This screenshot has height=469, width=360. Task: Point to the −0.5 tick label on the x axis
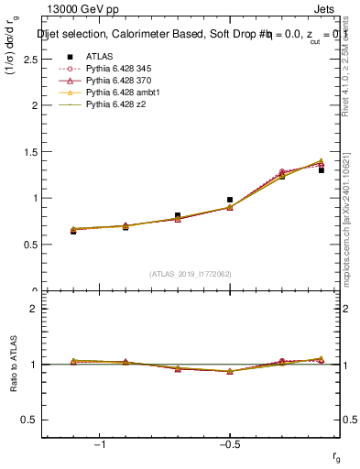(x=229, y=444)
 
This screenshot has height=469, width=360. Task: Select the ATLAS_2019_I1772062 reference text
(x=191, y=274)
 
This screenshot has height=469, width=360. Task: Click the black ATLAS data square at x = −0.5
(x=230, y=200)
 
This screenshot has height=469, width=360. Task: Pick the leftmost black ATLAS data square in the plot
(x=73, y=232)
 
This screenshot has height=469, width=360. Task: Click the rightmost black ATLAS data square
(x=322, y=170)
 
